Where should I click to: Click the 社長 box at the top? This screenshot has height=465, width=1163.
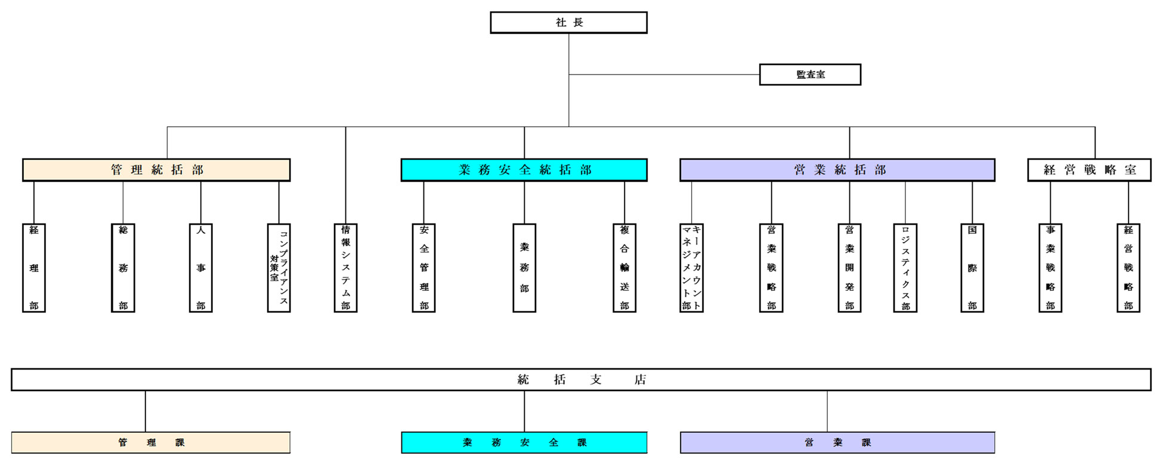click(x=568, y=23)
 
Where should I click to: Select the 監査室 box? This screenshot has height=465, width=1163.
click(x=810, y=75)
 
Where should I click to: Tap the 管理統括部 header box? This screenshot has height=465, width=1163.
click(x=156, y=170)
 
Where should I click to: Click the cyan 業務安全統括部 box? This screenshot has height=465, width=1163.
click(x=524, y=170)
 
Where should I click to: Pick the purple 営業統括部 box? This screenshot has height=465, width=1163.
click(x=837, y=170)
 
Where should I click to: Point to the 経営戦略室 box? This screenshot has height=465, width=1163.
click(x=1089, y=170)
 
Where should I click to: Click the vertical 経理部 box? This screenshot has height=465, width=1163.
click(x=34, y=268)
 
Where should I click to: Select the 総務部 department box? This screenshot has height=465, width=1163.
click(x=123, y=268)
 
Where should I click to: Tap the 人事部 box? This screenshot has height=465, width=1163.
click(x=201, y=268)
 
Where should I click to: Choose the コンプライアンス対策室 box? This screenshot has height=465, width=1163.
click(x=279, y=268)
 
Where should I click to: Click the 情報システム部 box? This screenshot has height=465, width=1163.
click(x=345, y=268)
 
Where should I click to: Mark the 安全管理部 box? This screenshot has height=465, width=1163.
click(x=423, y=268)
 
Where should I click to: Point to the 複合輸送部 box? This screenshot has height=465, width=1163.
click(x=624, y=268)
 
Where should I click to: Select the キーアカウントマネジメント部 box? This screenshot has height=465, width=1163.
click(x=691, y=268)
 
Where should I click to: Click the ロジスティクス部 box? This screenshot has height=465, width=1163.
click(x=905, y=268)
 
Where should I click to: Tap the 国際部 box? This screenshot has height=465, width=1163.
click(x=972, y=268)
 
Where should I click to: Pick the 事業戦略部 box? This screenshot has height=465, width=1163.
click(x=1050, y=268)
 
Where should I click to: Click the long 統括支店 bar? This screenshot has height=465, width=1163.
click(x=581, y=380)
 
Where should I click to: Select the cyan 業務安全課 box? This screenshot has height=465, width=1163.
click(x=524, y=442)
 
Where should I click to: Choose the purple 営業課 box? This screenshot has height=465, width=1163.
click(x=837, y=442)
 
